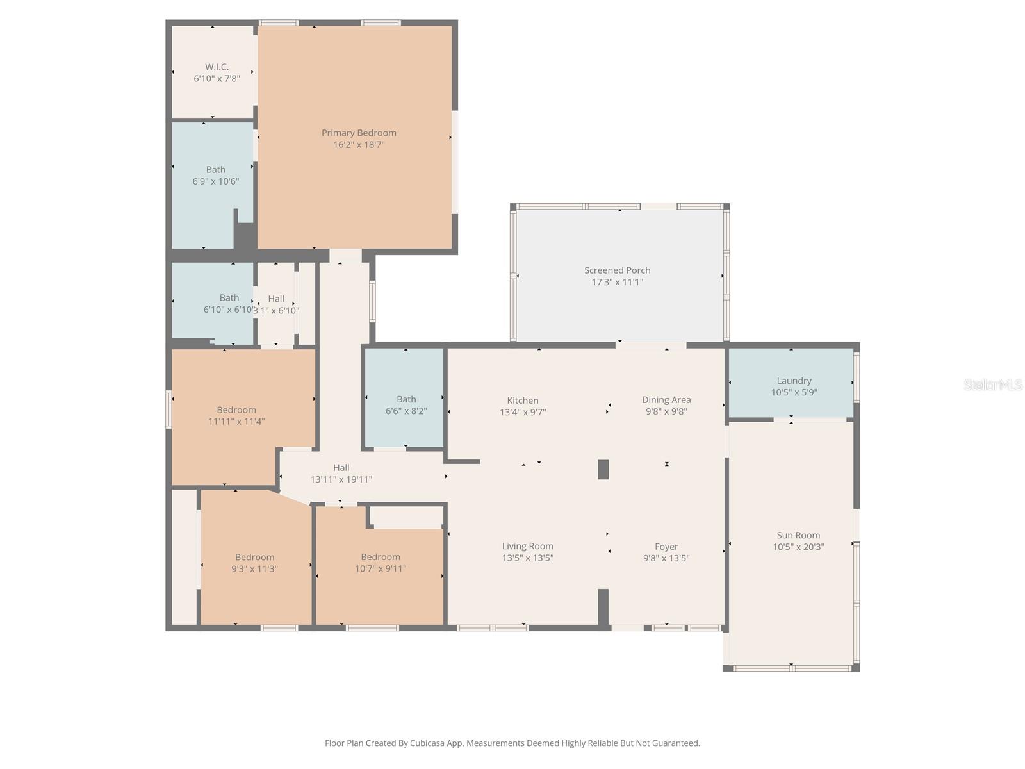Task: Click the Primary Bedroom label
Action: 359,133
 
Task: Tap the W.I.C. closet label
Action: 217,67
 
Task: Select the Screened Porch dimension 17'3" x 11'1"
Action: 617,282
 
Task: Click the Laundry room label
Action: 794,381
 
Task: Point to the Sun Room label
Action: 798,535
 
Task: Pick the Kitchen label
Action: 523,401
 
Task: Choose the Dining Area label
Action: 666,400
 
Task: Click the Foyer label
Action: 666,547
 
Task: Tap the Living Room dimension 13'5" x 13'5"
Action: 527,558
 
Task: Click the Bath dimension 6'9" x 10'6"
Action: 216,181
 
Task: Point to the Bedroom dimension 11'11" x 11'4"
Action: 236,422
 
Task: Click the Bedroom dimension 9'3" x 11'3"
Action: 254,569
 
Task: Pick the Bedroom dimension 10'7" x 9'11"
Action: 381,568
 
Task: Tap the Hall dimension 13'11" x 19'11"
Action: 341,479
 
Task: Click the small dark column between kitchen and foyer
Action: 603,470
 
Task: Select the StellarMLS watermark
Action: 992,385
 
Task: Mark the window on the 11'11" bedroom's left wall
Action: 169,409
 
